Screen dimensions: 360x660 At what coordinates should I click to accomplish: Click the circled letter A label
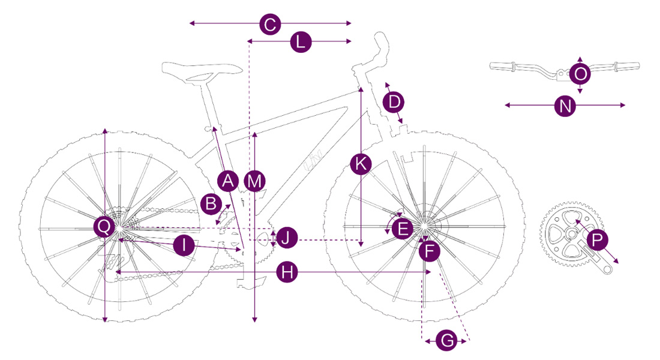227,179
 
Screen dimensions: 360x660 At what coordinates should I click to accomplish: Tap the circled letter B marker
211,203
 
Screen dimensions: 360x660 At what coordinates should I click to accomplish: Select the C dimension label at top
270,25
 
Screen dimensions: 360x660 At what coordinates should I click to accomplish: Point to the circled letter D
394,101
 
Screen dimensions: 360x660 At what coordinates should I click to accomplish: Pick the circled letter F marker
428,251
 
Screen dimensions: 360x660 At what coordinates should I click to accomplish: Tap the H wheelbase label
289,272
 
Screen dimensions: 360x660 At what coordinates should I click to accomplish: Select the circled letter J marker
287,237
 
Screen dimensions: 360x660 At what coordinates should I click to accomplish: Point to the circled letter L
301,42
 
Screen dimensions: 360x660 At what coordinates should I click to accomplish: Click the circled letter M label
255,180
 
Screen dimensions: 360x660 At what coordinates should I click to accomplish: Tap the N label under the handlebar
565,106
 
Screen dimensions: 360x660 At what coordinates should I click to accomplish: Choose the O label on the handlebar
580,74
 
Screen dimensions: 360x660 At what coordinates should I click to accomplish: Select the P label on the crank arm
597,240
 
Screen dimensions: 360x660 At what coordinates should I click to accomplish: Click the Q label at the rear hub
104,226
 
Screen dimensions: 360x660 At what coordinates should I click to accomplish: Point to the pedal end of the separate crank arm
608,268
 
